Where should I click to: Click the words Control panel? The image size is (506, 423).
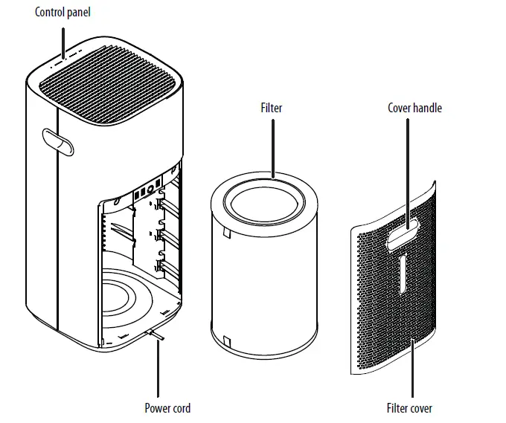(x=63, y=13)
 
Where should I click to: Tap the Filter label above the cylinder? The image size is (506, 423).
(x=272, y=108)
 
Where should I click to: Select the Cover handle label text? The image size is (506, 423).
(x=414, y=108)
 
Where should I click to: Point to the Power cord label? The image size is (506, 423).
(x=167, y=408)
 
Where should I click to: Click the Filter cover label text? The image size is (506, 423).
(x=409, y=408)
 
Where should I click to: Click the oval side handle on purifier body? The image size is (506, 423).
(x=57, y=141)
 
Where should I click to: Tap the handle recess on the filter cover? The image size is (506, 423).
(x=402, y=235)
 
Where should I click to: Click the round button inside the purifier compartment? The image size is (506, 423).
(x=151, y=189)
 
